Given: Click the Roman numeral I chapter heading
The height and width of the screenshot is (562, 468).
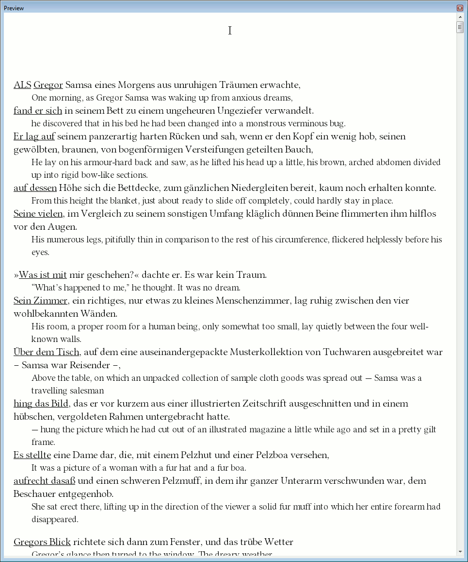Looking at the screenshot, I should (230, 31).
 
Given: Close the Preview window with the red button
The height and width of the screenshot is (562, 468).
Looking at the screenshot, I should (460, 8).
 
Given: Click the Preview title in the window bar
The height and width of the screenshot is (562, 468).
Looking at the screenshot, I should (14, 8).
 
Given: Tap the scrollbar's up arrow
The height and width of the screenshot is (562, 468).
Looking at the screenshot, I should (460, 17).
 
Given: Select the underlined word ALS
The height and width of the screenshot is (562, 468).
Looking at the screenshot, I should (22, 85).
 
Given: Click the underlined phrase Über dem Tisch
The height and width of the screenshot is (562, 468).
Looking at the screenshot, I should (47, 352).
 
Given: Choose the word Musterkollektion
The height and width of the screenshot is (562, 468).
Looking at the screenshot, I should (274, 352).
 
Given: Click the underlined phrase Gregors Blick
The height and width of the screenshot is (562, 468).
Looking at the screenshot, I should (42, 542).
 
